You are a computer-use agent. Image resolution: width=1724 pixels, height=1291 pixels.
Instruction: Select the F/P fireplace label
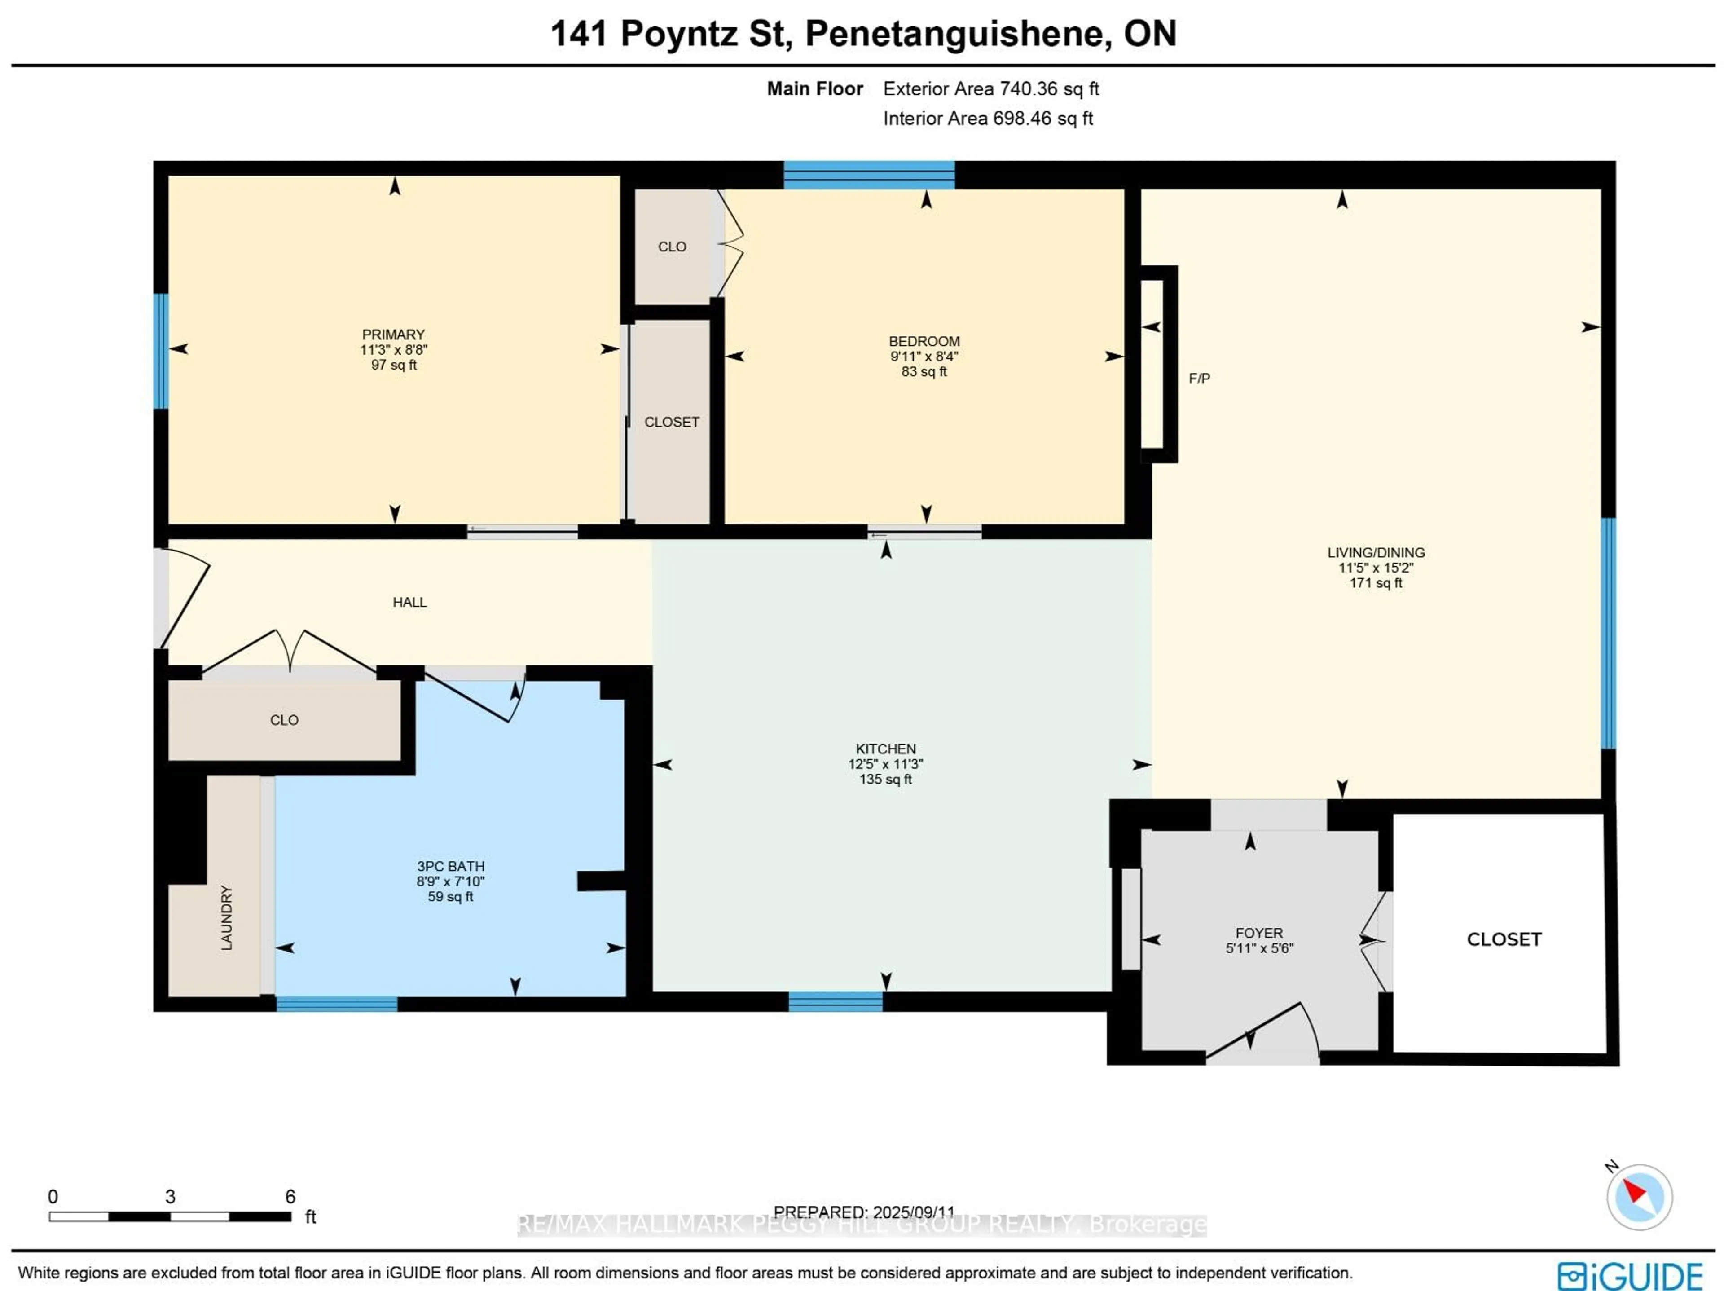click(x=1199, y=379)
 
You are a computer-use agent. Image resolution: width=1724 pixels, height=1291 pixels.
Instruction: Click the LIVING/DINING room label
click(x=1376, y=553)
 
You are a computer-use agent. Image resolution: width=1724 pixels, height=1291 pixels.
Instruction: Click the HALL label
click(x=409, y=602)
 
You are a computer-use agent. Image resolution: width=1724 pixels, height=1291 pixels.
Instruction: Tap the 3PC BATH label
click(x=450, y=866)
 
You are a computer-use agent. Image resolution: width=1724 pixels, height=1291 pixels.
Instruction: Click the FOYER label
click(x=1259, y=933)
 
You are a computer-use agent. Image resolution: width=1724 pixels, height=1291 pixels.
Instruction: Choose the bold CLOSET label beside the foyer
click(x=1504, y=939)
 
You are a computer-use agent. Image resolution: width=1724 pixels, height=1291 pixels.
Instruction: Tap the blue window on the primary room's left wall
click(x=161, y=351)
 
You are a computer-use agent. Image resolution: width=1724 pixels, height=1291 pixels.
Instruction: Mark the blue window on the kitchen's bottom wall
click(x=836, y=1002)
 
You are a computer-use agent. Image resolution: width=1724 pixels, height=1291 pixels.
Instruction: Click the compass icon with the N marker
click(x=1639, y=1197)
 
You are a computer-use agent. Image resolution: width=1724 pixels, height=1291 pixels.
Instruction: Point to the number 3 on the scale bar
click(x=170, y=1197)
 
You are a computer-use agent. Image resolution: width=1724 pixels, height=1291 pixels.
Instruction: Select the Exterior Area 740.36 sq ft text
click(x=990, y=89)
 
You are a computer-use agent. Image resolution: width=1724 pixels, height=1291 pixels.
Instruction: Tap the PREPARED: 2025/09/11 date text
click(x=863, y=1212)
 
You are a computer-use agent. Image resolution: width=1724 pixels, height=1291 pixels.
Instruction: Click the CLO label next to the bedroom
click(x=672, y=247)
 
